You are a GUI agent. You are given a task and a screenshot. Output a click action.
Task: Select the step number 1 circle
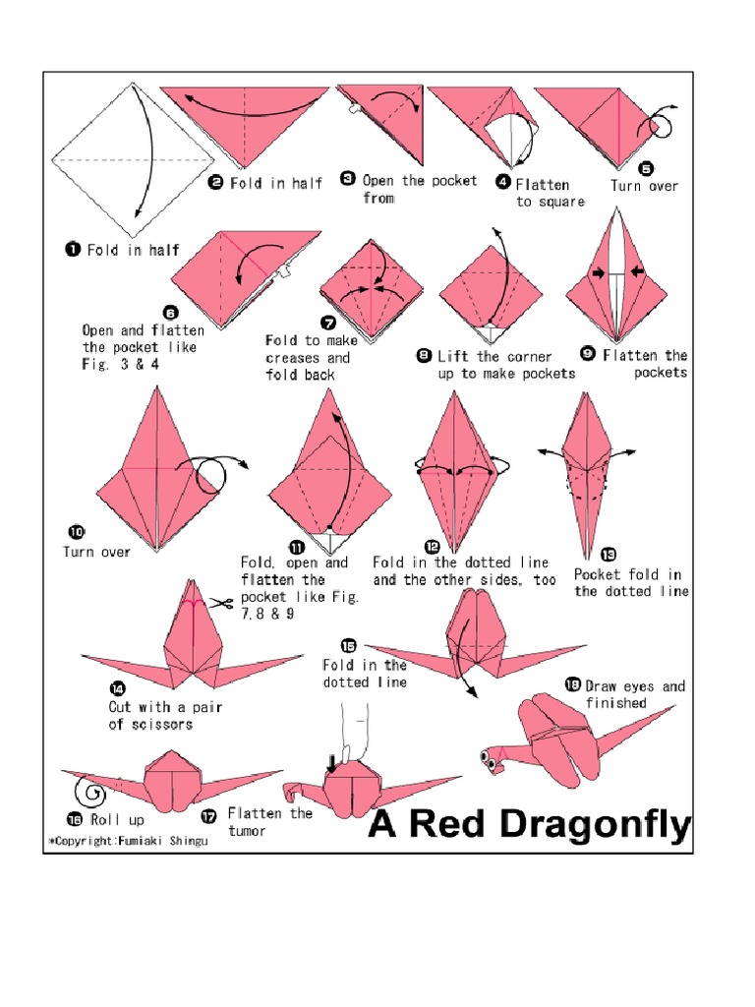(74, 250)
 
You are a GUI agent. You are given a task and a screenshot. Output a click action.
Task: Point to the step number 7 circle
(327, 322)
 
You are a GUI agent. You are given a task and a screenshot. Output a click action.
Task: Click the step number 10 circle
(74, 533)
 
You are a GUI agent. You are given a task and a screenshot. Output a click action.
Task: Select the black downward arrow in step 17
(332, 761)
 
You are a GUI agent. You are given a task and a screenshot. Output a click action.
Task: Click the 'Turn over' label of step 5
(644, 186)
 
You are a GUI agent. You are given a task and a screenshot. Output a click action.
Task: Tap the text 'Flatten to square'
(549, 193)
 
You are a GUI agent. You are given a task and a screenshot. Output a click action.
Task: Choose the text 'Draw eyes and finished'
(634, 694)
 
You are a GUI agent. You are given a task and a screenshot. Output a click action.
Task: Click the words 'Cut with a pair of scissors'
(152, 715)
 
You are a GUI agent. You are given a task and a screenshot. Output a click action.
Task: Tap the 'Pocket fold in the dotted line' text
(630, 582)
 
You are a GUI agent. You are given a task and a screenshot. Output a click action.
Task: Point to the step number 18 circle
(572, 684)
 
